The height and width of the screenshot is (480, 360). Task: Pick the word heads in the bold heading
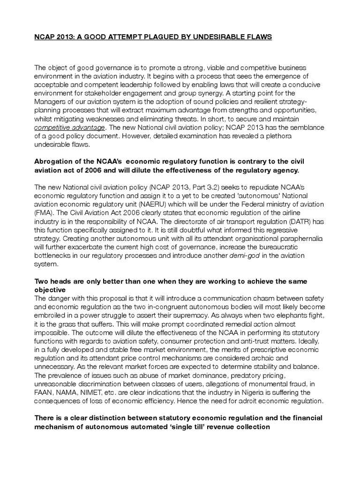[x=63, y=281]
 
